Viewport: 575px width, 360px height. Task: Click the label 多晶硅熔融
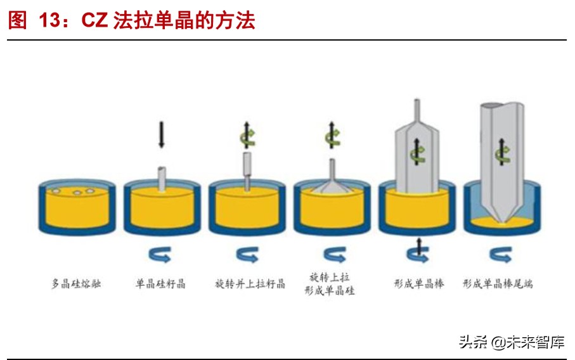(x=76, y=284)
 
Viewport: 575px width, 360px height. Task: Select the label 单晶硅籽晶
(x=161, y=284)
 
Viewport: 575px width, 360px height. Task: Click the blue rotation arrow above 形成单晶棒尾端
(x=501, y=254)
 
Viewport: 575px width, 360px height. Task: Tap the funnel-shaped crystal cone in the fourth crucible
(x=332, y=180)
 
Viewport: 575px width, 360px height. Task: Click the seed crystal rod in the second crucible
(x=162, y=178)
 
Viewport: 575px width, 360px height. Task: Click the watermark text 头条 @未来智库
(x=511, y=342)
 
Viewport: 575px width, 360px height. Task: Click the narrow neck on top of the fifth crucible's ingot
(x=417, y=113)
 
